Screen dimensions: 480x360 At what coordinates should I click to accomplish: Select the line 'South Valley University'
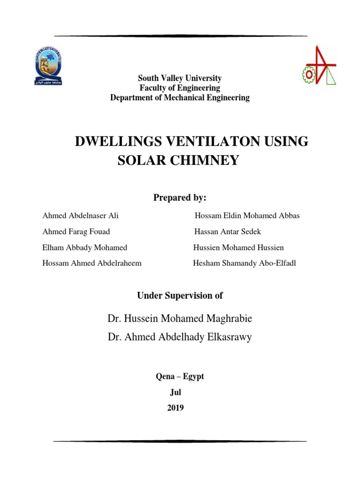coord(180,78)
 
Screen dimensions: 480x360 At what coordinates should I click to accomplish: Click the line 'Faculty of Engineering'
coord(180,88)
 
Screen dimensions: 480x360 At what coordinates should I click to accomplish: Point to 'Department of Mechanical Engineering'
coord(180,98)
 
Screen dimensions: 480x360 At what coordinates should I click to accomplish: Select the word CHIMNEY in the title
coord(206,160)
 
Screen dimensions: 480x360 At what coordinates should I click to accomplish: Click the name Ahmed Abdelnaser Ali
coord(81,216)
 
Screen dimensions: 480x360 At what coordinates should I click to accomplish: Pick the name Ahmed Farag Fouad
coord(76,232)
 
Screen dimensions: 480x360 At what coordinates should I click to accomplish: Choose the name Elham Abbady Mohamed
coord(85,247)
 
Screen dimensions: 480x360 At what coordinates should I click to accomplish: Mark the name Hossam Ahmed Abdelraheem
coord(92,263)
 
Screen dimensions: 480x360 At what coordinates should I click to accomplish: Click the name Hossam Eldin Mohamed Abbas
coord(247,216)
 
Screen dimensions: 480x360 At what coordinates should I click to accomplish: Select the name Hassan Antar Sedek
coord(228,232)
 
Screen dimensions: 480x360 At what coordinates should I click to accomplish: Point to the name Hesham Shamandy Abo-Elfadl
coord(244,263)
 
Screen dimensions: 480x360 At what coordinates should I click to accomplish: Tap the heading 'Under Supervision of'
coord(180,295)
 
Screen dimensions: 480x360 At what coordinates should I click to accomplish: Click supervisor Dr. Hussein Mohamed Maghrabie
coord(180,319)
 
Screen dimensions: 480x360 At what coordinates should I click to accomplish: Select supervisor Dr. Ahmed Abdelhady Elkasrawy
coord(180,337)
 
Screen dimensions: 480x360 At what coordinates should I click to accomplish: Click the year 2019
coord(176,408)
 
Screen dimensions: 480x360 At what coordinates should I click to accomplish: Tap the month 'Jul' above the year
coord(175,393)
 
